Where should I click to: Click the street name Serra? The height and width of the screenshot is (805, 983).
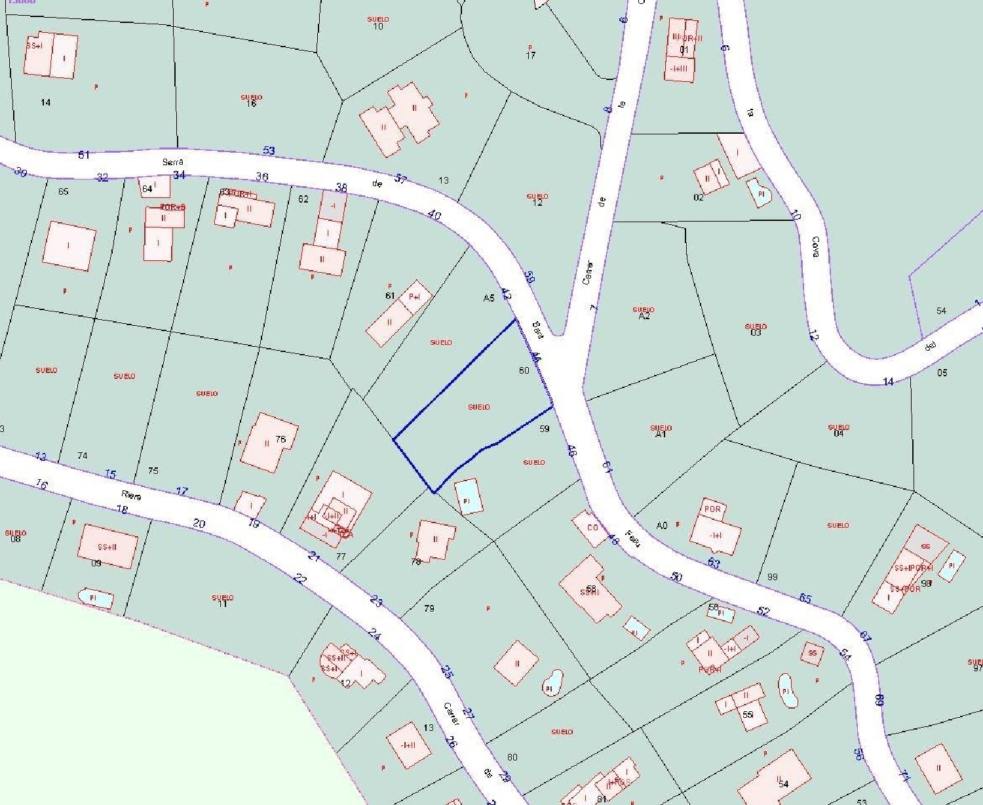coord(173,161)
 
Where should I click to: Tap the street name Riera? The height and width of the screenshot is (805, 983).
coord(131,496)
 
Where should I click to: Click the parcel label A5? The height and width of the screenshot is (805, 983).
coord(488,298)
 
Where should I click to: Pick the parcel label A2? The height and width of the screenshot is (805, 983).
coord(644,316)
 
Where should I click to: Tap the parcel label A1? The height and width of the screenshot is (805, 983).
coord(661,434)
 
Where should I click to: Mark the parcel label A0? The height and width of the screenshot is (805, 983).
coord(662,525)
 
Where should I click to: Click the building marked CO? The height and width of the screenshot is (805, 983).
coord(592,528)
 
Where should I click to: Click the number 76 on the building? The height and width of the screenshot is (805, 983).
coord(280,439)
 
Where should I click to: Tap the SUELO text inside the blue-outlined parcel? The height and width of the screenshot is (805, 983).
coord(479,407)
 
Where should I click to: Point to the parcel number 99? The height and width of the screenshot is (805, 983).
coord(772,577)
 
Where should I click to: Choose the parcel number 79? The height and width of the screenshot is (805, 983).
coord(429,608)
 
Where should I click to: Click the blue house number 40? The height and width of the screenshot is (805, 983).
coord(434,215)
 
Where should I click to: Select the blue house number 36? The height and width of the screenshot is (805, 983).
coord(262,176)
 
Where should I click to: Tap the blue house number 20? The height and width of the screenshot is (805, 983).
coord(199,523)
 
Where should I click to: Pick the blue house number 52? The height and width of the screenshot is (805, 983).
coord(763,611)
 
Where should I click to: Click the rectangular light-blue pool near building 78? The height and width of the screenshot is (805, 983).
coord(469,496)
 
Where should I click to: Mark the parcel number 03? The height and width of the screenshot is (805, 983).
coord(756,332)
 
